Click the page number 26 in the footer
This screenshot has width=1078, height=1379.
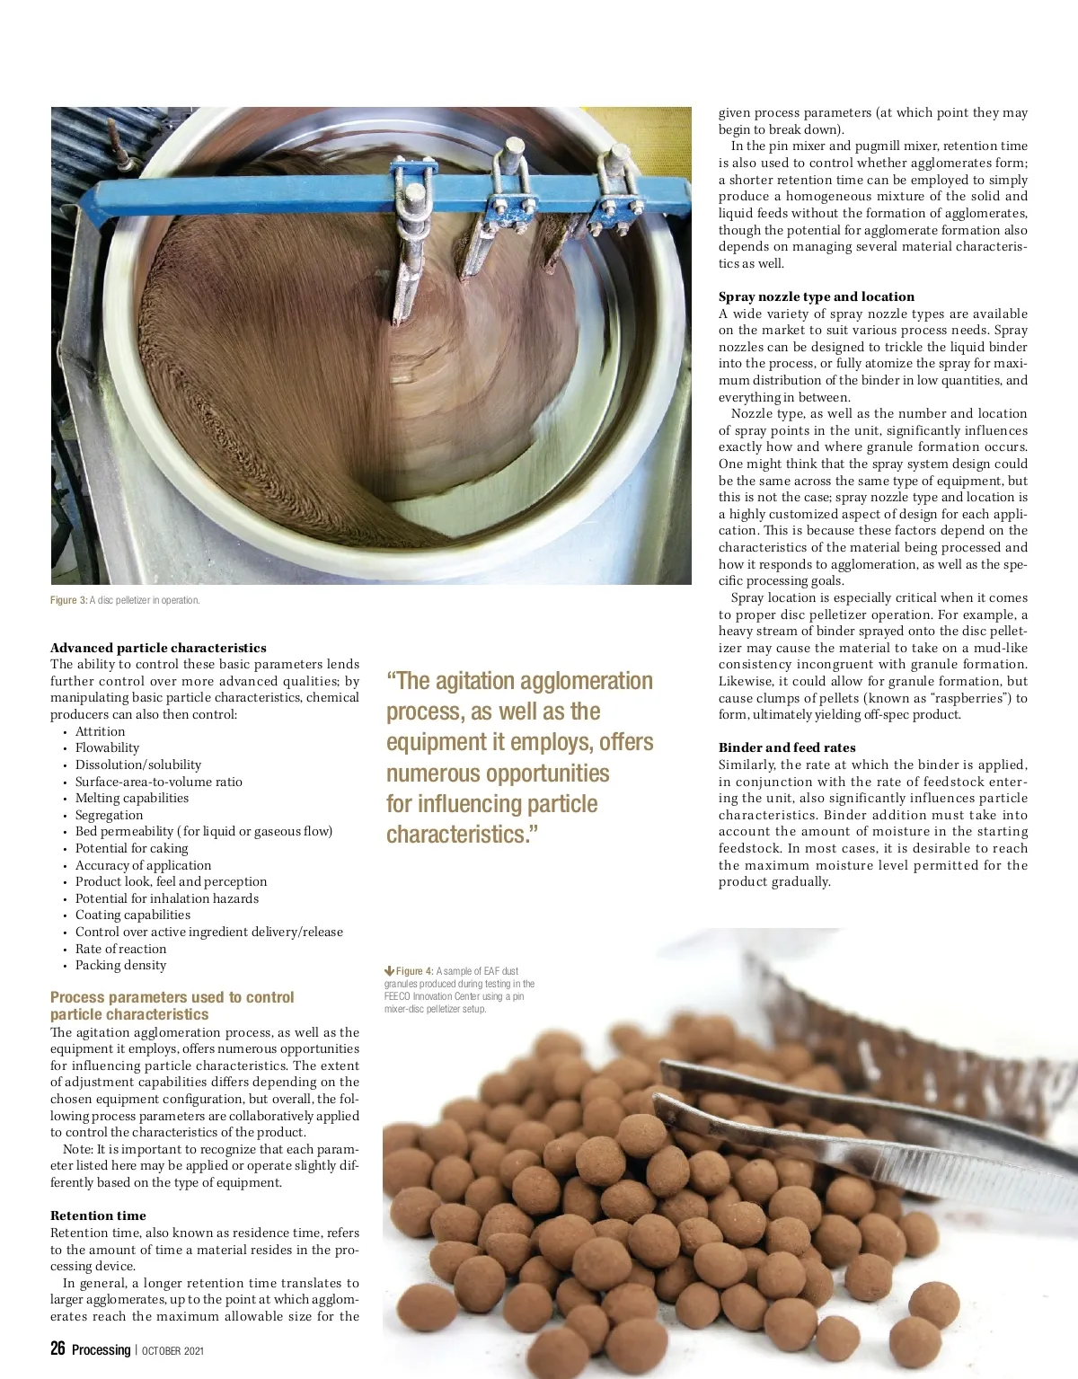(x=57, y=1348)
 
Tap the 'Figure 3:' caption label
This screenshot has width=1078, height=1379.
(x=68, y=600)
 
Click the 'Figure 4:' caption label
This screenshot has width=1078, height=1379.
(x=415, y=971)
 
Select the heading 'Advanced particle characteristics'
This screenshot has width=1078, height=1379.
(x=158, y=648)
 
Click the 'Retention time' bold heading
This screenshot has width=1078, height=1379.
(x=98, y=1215)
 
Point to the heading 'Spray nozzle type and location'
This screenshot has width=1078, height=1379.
(x=816, y=296)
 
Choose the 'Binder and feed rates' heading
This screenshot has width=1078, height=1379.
(x=787, y=747)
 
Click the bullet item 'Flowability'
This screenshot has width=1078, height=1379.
(x=107, y=747)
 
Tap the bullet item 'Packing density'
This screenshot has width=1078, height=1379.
(x=120, y=965)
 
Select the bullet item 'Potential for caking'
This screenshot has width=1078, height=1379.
(x=131, y=848)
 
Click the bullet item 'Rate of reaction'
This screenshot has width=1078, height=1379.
(x=120, y=949)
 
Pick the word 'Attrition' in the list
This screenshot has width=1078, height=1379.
(x=100, y=731)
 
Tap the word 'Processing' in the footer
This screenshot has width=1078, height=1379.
(x=101, y=1349)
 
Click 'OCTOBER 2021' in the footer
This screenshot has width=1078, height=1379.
(x=173, y=1350)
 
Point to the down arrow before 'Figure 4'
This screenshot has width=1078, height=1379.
(x=389, y=971)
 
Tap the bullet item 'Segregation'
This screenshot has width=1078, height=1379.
(x=109, y=815)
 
